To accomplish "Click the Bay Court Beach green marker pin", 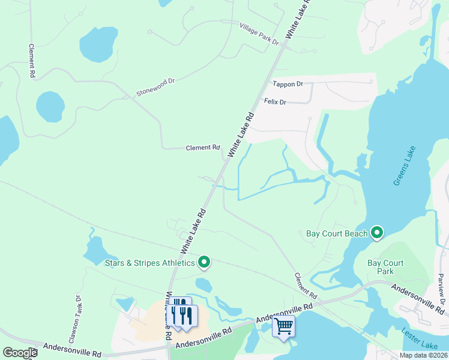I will click(377, 233).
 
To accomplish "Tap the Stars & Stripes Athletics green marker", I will click(204, 262).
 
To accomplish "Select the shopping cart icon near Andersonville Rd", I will click(283, 327).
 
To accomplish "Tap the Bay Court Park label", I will click(385, 267).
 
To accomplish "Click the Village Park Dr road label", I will click(259, 34).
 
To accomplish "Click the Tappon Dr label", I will click(288, 85).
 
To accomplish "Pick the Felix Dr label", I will click(276, 103).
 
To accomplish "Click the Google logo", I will click(20, 353).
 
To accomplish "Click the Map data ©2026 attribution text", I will click(423, 355).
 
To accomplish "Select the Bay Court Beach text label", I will click(337, 233).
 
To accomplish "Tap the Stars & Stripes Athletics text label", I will click(150, 263).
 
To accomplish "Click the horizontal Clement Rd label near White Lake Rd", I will click(203, 148).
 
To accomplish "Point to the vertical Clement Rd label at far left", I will click(31, 60).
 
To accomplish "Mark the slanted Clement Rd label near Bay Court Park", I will click(305, 286).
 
